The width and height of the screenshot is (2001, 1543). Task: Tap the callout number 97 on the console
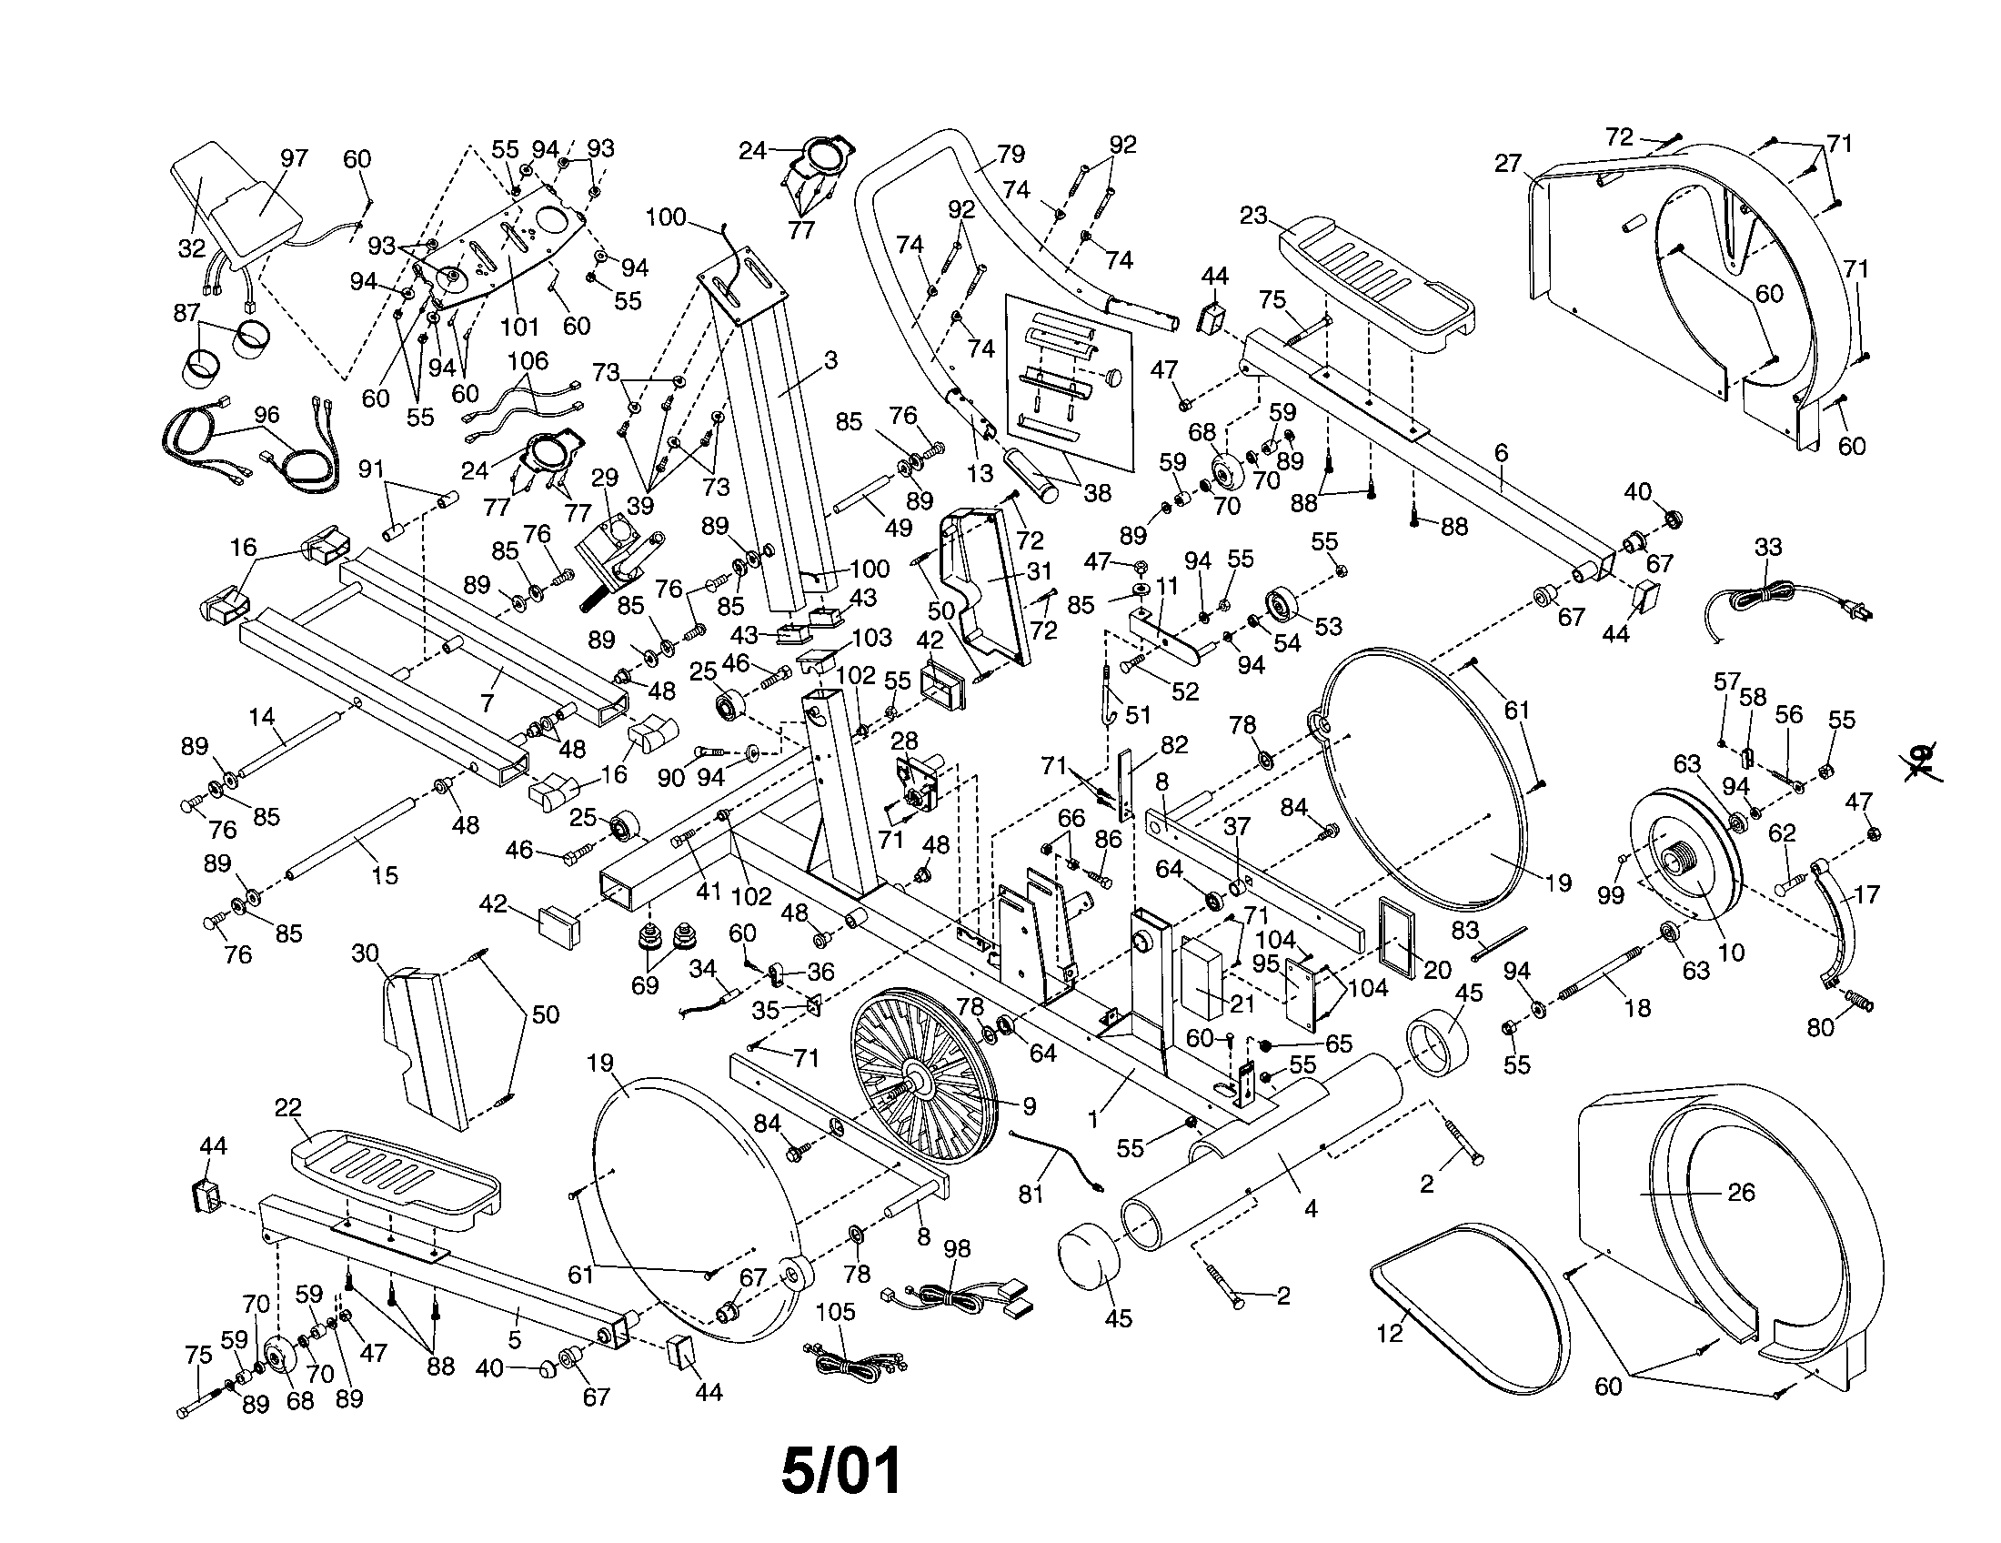(x=294, y=158)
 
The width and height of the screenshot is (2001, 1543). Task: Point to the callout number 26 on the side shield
(x=1741, y=1192)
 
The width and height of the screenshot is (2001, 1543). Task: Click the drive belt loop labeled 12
(x=1466, y=1301)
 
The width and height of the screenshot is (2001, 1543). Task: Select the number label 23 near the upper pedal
(x=1253, y=216)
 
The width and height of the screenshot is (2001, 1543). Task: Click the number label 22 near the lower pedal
(x=287, y=1108)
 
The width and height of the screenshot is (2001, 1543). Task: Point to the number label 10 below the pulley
(x=1731, y=952)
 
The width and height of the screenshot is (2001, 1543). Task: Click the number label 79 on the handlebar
(x=1011, y=154)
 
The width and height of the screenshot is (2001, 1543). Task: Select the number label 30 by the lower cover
(x=365, y=953)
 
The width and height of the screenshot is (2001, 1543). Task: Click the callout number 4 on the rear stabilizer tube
(x=1310, y=1209)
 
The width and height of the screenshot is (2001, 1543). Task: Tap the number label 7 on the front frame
(x=488, y=702)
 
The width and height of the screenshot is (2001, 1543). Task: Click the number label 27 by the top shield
(x=1507, y=164)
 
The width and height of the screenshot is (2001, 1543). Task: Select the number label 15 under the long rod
(x=385, y=875)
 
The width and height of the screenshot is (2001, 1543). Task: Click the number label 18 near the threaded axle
(x=1636, y=1008)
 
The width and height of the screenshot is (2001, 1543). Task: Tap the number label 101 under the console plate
(x=520, y=327)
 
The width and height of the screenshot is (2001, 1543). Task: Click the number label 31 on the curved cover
(x=1039, y=571)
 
